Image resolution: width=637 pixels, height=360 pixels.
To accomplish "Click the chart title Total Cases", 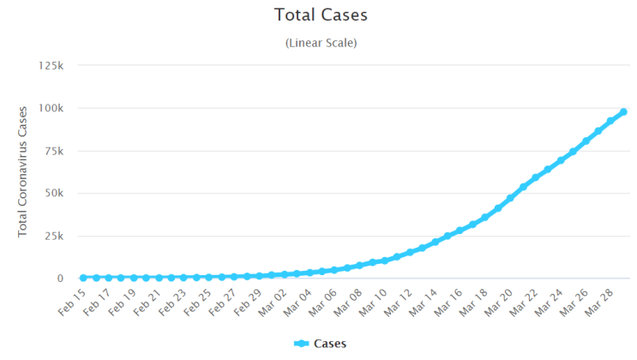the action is point(321,15).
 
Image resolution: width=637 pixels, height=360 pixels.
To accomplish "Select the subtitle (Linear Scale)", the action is point(321,43).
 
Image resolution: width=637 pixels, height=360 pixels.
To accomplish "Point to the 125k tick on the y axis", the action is point(51,65).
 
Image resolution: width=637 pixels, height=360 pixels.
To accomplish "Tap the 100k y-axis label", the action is point(51,108).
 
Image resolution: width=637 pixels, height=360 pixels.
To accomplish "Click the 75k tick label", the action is point(54,151).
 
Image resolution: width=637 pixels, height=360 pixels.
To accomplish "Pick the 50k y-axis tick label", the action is point(54,193).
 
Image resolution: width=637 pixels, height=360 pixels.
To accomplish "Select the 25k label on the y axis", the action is point(54,236).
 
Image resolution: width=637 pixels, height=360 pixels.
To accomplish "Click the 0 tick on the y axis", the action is point(60,279).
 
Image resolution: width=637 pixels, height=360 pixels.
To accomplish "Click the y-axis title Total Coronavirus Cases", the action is point(22,172).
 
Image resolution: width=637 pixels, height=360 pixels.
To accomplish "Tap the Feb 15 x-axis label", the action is point(72,303).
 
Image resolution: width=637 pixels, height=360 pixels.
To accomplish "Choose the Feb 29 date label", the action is point(248,303).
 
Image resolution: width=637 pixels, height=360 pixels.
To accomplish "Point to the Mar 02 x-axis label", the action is point(272,303).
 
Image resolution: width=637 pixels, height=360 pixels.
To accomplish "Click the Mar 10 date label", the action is point(373,303).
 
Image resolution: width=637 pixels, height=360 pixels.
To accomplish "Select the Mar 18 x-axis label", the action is point(473,303).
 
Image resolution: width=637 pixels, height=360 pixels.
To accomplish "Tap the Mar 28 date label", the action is point(598,303).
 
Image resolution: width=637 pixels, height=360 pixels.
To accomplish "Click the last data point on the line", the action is point(623,112).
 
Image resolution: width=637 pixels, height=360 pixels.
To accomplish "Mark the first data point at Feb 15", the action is point(83,278).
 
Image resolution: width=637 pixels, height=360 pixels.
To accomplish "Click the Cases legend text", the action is point(330,344).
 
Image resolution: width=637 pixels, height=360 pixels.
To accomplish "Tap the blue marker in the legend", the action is point(302,344).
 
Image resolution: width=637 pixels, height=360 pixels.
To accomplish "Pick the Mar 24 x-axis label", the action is point(548,303).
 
